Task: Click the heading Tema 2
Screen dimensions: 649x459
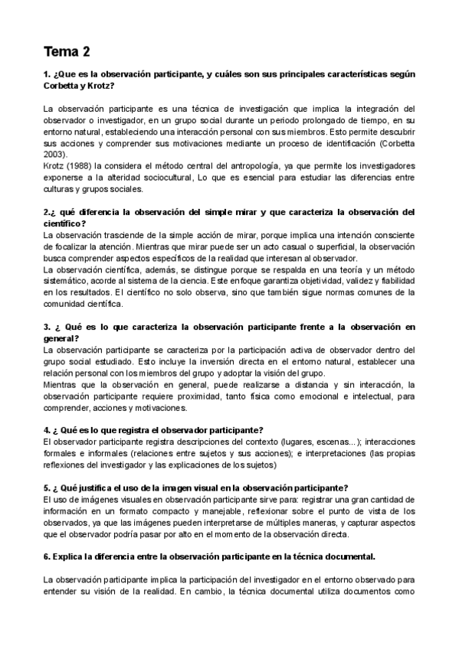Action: point(67,52)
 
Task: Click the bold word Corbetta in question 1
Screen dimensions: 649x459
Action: point(61,85)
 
